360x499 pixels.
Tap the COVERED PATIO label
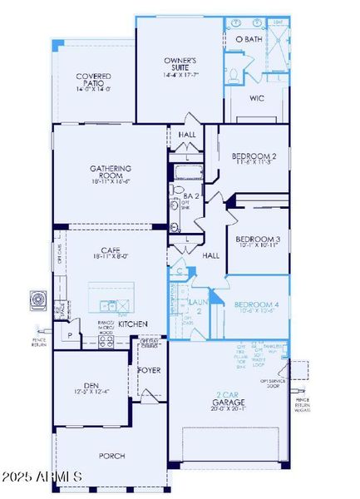94,82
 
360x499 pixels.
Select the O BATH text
248,39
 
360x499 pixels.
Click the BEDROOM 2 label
254,156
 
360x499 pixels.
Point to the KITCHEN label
133,323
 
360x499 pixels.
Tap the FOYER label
150,370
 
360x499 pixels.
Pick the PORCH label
112,455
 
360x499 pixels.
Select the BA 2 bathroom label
190,196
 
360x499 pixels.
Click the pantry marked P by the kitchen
71,338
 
